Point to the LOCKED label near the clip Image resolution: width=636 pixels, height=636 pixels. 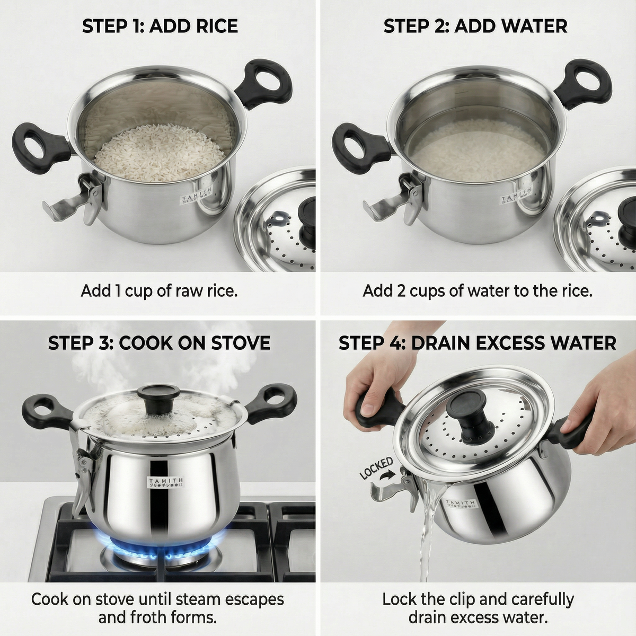(376, 469)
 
